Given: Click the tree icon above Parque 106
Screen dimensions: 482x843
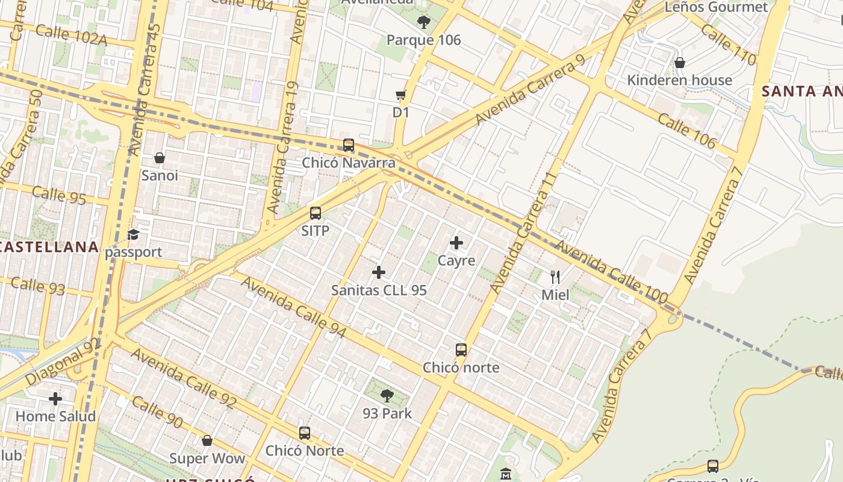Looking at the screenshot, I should click(x=424, y=22).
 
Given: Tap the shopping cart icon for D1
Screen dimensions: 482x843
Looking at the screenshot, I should click(x=401, y=95).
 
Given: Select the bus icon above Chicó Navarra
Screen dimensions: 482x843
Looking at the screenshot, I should click(x=349, y=145).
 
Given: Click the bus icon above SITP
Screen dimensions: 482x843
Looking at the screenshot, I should click(x=316, y=213).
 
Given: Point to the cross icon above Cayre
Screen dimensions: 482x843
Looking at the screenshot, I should click(x=456, y=243).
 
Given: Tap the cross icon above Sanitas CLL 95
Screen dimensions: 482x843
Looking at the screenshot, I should click(x=379, y=272).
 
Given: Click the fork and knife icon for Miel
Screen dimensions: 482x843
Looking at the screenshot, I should click(x=555, y=277).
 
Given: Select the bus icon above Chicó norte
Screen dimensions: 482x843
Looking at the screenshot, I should click(x=461, y=350).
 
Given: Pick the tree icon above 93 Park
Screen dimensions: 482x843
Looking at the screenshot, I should click(x=387, y=396).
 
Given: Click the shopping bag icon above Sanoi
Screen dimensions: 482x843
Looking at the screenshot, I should click(x=160, y=158).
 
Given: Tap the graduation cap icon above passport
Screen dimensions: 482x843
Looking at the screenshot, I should click(x=133, y=234).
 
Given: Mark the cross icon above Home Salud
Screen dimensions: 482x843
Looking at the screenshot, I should click(x=55, y=399).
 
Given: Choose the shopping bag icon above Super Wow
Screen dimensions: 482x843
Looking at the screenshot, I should click(x=207, y=440).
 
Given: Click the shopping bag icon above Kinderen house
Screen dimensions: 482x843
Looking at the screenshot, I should click(x=680, y=63).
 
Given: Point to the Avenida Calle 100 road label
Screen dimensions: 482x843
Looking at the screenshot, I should click(x=611, y=272).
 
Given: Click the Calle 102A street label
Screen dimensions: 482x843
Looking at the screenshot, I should click(x=71, y=36).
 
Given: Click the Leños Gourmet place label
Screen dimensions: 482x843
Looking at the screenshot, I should click(x=716, y=7).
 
